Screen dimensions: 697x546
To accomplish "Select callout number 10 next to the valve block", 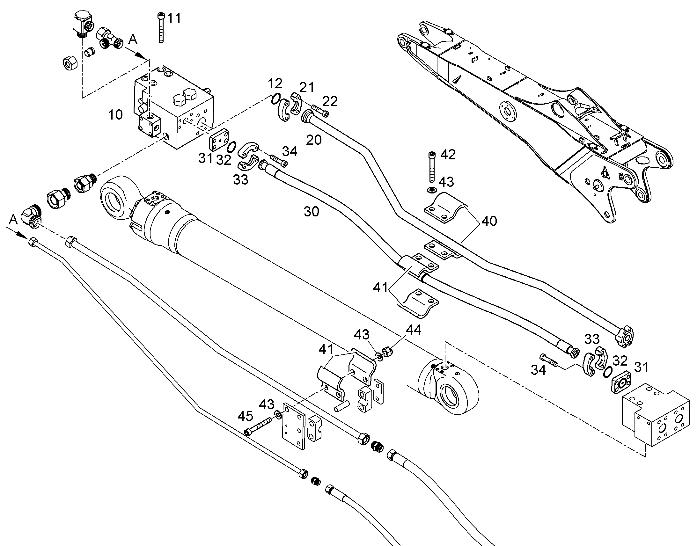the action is point(115,114).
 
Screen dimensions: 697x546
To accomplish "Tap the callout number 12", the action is point(275,84).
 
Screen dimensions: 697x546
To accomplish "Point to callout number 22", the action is point(330,101).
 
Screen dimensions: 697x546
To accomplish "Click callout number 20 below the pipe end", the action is point(314,140).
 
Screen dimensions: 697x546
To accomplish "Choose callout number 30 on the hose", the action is point(311,211).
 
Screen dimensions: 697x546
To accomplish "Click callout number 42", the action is point(448,155).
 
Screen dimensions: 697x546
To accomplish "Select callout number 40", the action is point(489,221).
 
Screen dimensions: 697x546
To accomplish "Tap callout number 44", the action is point(414,330).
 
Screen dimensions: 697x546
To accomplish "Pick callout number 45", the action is point(245,416).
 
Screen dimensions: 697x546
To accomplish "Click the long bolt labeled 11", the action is point(161,28).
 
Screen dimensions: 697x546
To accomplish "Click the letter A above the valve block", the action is point(133,40).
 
